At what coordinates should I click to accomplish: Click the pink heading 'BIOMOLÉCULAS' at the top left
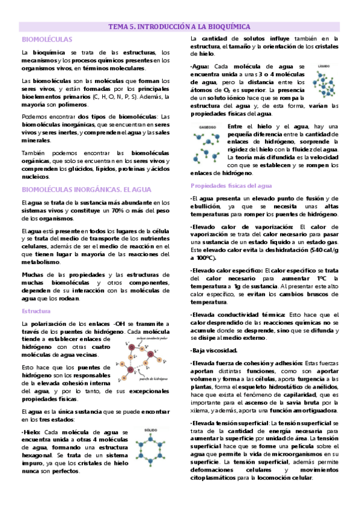pos(41,40)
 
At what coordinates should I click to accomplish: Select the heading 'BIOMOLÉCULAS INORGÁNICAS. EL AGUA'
pos(82,189)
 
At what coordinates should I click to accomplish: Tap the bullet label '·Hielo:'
pos(31,432)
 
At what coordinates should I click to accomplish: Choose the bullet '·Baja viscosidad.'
pos(215,349)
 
